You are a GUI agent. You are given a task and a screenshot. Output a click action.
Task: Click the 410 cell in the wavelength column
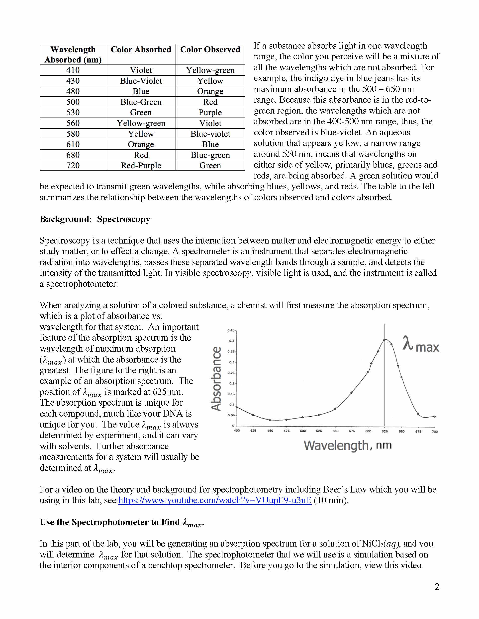[73, 70]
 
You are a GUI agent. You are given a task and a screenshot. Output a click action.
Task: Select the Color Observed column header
[210, 50]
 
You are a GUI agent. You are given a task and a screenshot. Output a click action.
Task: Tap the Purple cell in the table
[210, 113]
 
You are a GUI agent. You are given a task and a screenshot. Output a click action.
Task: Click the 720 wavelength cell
[73, 166]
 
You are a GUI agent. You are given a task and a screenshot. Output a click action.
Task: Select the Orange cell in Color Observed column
[210, 91]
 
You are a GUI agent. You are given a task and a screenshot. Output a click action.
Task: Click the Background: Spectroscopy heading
[95, 219]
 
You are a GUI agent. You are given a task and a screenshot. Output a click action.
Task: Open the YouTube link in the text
[214, 500]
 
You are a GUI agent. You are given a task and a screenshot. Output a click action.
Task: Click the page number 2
[437, 586]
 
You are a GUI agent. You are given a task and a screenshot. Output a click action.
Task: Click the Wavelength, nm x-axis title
[347, 445]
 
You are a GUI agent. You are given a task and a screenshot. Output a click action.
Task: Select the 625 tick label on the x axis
[384, 431]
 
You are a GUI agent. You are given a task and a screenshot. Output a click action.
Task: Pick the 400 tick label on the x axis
[237, 431]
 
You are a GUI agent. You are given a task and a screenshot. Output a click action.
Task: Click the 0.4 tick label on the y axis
[232, 341]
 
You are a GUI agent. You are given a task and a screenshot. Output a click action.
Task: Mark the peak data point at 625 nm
[385, 340]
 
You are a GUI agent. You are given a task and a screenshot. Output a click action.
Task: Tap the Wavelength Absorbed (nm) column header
[73, 55]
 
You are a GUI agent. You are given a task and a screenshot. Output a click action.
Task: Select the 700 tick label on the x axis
[435, 432]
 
